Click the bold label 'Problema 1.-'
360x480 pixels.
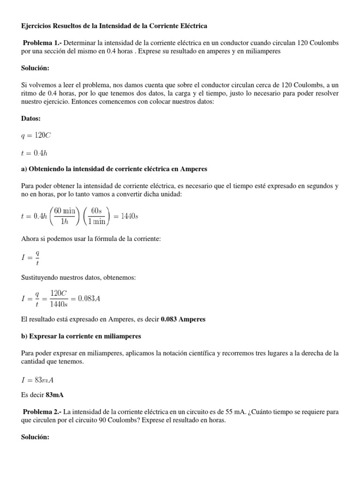(x=42, y=43)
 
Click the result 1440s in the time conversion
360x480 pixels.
(x=128, y=216)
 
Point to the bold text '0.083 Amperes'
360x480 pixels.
(x=183, y=320)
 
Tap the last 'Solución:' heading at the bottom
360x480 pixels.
(x=35, y=437)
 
